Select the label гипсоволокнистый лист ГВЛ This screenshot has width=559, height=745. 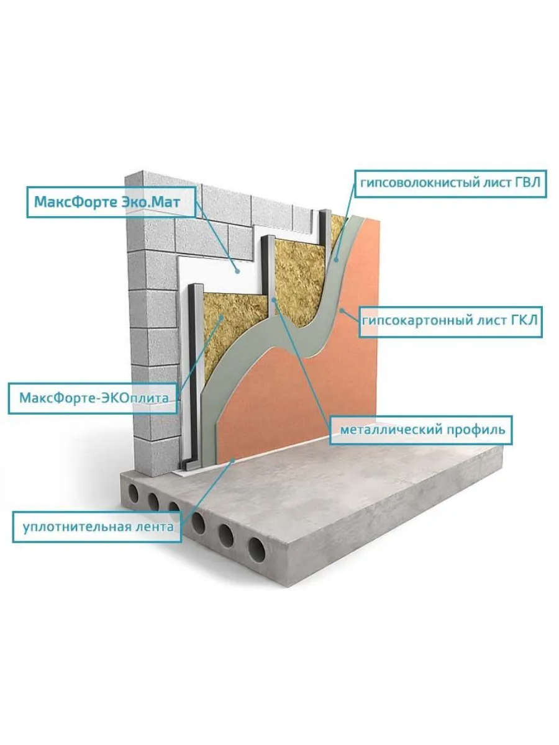(x=450, y=183)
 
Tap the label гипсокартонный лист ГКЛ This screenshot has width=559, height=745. (x=451, y=321)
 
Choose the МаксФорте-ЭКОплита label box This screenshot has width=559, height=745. (x=93, y=397)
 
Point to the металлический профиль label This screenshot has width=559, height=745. (x=420, y=429)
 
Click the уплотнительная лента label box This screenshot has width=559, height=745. (x=98, y=527)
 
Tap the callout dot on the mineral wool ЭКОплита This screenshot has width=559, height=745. (x=222, y=318)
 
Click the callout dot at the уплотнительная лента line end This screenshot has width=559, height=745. (x=233, y=460)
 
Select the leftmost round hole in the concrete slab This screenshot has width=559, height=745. (x=133, y=494)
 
